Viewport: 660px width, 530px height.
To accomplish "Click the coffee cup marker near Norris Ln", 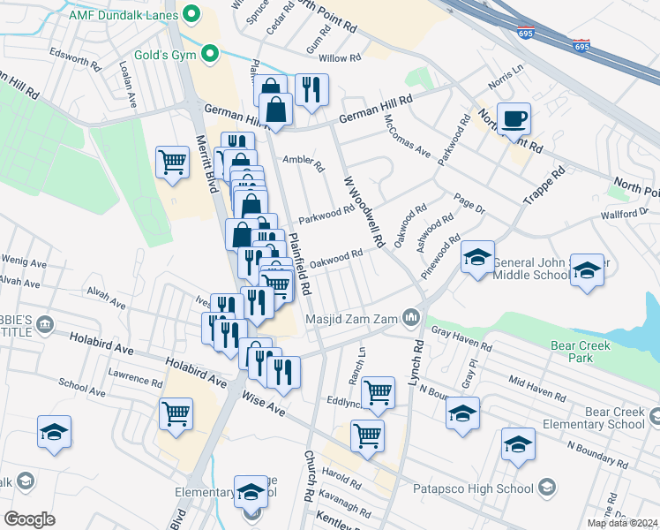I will point(513,118).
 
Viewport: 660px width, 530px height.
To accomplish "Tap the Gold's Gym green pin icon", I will point(210,55).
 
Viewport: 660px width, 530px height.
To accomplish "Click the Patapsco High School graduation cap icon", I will point(547,488).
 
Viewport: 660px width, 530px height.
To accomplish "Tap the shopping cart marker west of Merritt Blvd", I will point(172,162).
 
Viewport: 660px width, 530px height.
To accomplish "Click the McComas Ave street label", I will point(407,140).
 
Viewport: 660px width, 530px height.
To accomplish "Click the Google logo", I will point(29,519).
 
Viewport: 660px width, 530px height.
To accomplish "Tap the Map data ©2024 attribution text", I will point(622,523).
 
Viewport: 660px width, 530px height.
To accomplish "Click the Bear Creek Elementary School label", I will point(614,418).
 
